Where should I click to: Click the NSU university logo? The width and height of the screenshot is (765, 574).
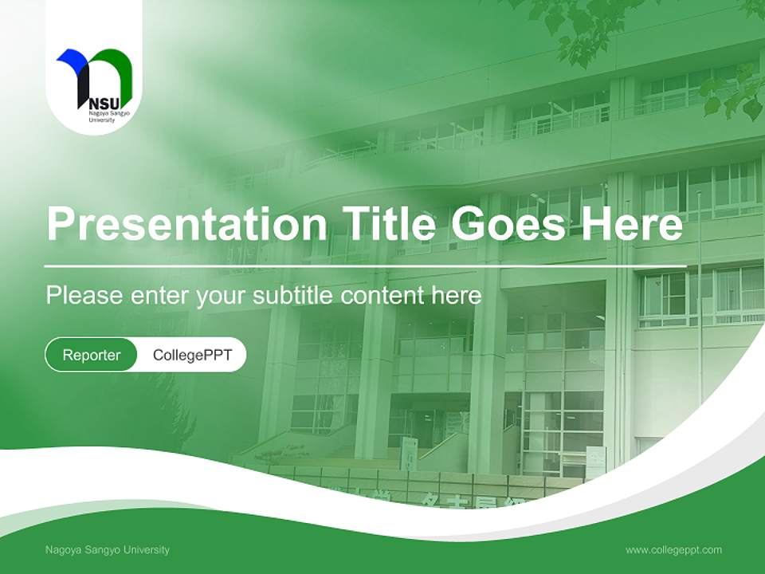pyautogui.click(x=94, y=84)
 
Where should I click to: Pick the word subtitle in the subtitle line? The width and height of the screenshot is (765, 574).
pyautogui.click(x=294, y=296)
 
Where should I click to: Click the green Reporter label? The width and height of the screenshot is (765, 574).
pyautogui.click(x=92, y=355)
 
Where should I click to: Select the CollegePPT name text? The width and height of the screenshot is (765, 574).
pyautogui.click(x=192, y=355)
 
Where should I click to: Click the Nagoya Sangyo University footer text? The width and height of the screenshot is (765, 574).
pyautogui.click(x=108, y=549)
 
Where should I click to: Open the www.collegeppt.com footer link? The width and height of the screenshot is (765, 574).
pyautogui.click(x=673, y=549)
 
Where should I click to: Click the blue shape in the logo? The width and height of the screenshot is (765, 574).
pyautogui.click(x=73, y=61)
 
